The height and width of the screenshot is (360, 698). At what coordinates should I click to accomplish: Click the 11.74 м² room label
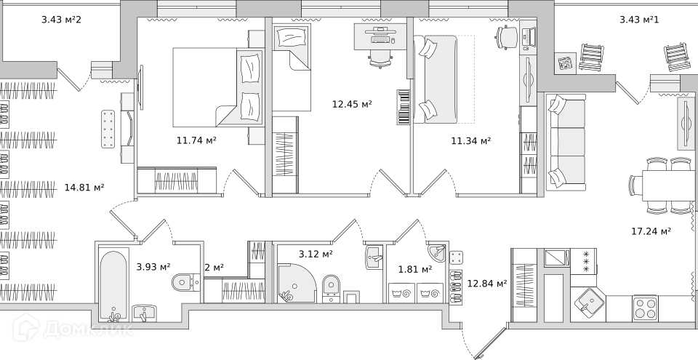click(196, 141)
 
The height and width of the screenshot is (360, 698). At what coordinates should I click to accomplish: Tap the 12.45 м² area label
click(352, 104)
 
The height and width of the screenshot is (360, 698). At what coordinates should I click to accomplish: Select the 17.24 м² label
click(651, 231)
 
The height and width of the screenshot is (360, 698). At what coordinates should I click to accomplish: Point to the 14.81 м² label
click(84, 188)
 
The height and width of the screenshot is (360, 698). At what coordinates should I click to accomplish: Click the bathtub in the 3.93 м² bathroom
click(113, 286)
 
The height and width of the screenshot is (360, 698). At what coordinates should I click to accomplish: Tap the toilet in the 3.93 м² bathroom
click(185, 282)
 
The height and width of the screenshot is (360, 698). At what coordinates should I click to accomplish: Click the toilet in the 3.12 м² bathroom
click(331, 287)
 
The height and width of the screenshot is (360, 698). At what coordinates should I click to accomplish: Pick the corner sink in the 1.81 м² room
click(436, 253)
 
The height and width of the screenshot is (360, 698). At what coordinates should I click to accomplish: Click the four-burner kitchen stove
click(645, 308)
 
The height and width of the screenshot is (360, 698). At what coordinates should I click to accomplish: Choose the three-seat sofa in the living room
click(566, 142)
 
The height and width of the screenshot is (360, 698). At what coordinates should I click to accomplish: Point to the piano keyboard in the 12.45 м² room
click(404, 107)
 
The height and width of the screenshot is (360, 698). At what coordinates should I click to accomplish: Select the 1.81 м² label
click(415, 270)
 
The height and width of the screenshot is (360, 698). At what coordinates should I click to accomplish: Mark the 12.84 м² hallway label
click(487, 284)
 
